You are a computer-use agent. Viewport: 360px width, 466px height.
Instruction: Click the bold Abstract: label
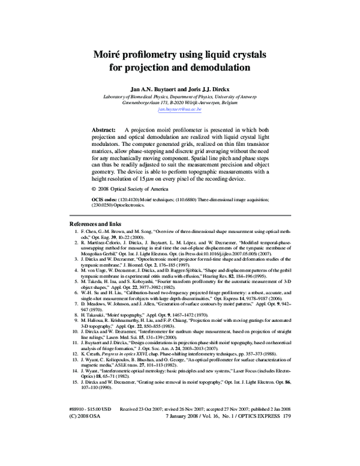[x=104, y=130]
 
